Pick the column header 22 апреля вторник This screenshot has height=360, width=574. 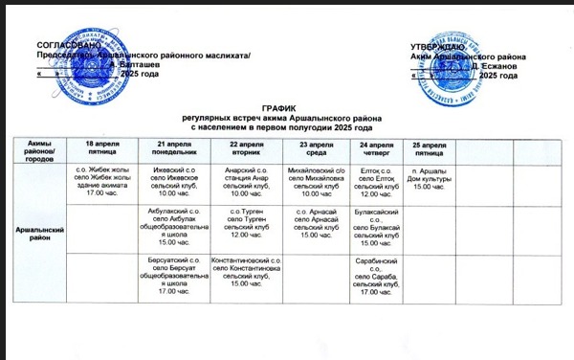247,146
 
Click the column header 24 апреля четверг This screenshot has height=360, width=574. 376,146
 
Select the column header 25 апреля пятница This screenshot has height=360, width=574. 428,146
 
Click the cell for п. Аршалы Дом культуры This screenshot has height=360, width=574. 428,177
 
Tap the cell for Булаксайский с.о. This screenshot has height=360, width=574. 376,226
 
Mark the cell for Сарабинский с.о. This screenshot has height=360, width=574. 376,276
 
